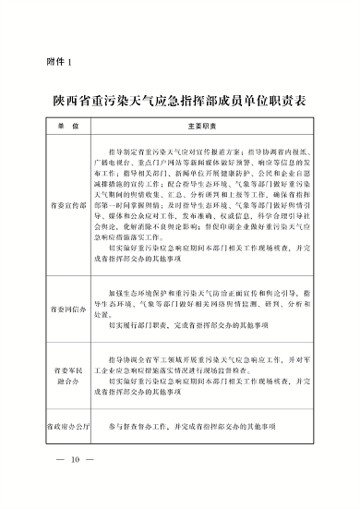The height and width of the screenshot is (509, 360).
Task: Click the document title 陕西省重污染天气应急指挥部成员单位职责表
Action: [x=180, y=97]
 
